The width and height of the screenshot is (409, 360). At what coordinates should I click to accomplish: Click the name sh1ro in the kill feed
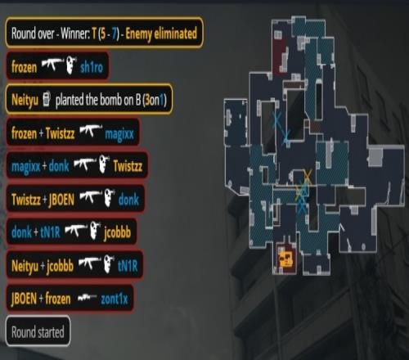92,67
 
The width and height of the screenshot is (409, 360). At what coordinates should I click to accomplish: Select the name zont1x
115,299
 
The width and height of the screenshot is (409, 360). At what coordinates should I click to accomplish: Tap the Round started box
38,331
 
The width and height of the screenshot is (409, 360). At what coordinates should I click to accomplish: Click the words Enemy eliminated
161,34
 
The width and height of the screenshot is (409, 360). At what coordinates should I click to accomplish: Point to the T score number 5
103,34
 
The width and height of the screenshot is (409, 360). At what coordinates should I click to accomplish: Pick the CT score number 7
115,34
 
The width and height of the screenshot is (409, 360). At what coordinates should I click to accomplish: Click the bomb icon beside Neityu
47,99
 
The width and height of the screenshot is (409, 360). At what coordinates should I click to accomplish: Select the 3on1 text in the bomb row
154,100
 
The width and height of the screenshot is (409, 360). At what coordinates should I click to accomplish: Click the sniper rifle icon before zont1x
88,298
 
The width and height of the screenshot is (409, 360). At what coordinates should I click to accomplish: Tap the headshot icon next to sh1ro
71,65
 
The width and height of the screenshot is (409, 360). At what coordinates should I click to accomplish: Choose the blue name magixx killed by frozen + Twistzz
119,134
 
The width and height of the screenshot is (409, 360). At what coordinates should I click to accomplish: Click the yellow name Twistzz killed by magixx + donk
128,166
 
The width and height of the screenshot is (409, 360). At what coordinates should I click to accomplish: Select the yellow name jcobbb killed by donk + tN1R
117,232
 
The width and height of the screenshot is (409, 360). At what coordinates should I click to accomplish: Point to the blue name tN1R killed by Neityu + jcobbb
128,265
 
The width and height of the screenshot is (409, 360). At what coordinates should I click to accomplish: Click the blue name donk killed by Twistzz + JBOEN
128,200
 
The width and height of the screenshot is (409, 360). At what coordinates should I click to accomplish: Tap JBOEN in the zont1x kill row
24,299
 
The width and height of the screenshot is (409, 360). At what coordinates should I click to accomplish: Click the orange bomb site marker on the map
285,259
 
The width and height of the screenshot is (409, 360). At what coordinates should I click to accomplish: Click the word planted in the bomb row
70,100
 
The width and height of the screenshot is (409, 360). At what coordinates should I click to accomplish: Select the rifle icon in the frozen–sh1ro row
52,65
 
